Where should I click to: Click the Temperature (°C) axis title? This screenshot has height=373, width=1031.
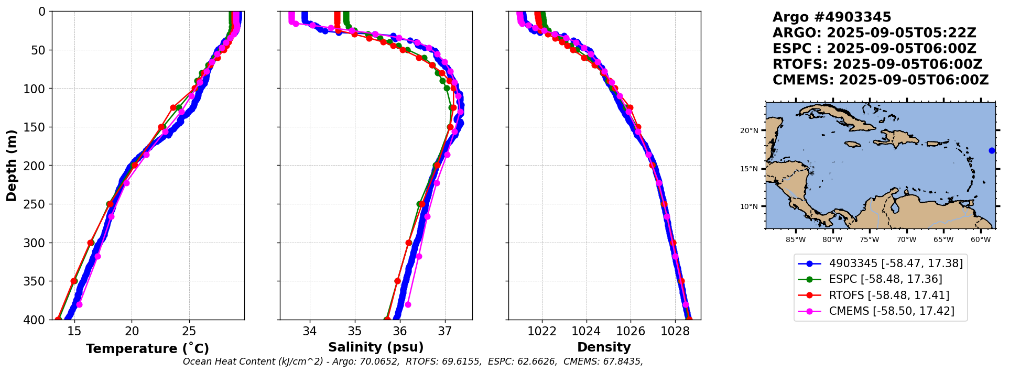pos(147,348)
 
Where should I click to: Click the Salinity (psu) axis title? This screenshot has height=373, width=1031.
pos(376,347)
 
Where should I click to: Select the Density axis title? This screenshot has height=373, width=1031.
pos(604,347)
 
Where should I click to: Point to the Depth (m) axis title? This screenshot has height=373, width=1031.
pos(12,165)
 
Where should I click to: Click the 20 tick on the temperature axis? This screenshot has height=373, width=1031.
pos(132,331)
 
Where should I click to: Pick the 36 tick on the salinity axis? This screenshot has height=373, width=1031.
pos(400,331)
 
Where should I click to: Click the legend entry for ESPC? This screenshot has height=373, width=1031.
pos(885,279)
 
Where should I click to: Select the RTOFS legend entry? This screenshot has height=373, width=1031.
pos(889,295)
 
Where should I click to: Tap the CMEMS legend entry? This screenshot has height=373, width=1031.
pos(892,311)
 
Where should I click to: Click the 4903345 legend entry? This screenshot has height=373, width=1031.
pos(896,264)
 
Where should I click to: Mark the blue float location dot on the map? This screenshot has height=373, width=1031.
pos(992,151)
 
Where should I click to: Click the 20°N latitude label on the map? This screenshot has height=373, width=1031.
pos(749,130)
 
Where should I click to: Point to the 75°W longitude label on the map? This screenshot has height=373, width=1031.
pos(869,240)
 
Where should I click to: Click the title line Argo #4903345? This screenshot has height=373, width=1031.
pos(832,17)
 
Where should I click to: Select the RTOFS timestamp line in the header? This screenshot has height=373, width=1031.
pos(877,64)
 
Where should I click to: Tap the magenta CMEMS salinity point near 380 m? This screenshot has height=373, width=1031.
pos(408,304)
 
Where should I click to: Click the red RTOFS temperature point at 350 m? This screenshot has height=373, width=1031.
pos(74,281)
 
